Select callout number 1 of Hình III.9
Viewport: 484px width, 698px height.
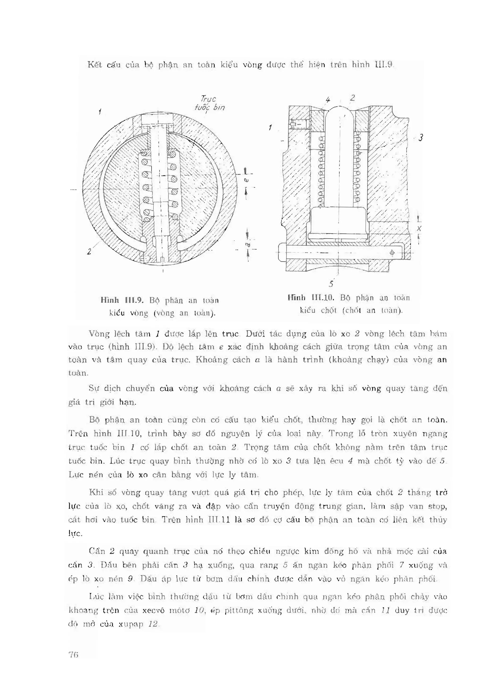pyautogui.click(x=100, y=112)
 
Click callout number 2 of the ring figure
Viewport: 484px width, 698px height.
pyautogui.click(x=89, y=252)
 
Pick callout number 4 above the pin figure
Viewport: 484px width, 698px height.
pyautogui.click(x=328, y=100)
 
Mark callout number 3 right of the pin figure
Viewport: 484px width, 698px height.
pyautogui.click(x=420, y=138)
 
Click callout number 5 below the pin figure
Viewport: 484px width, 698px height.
pyautogui.click(x=331, y=284)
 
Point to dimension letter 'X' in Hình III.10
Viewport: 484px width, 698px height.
pyautogui.click(x=419, y=228)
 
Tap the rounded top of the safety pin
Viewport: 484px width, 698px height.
pyautogui.click(x=340, y=110)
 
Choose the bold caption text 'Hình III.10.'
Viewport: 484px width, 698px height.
pyautogui.click(x=311, y=298)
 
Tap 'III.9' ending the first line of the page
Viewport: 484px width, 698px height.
pyautogui.click(x=384, y=64)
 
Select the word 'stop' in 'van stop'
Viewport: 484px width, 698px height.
pyautogui.click(x=437, y=506)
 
